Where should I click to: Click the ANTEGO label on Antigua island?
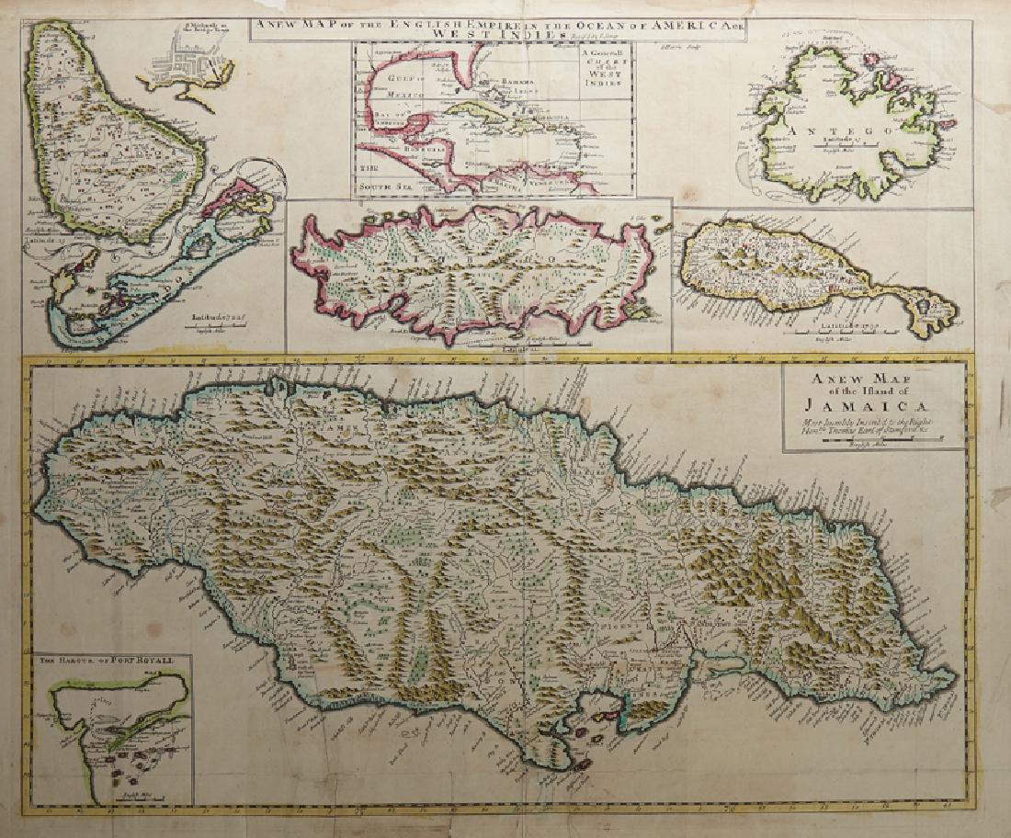pos(826,131)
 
